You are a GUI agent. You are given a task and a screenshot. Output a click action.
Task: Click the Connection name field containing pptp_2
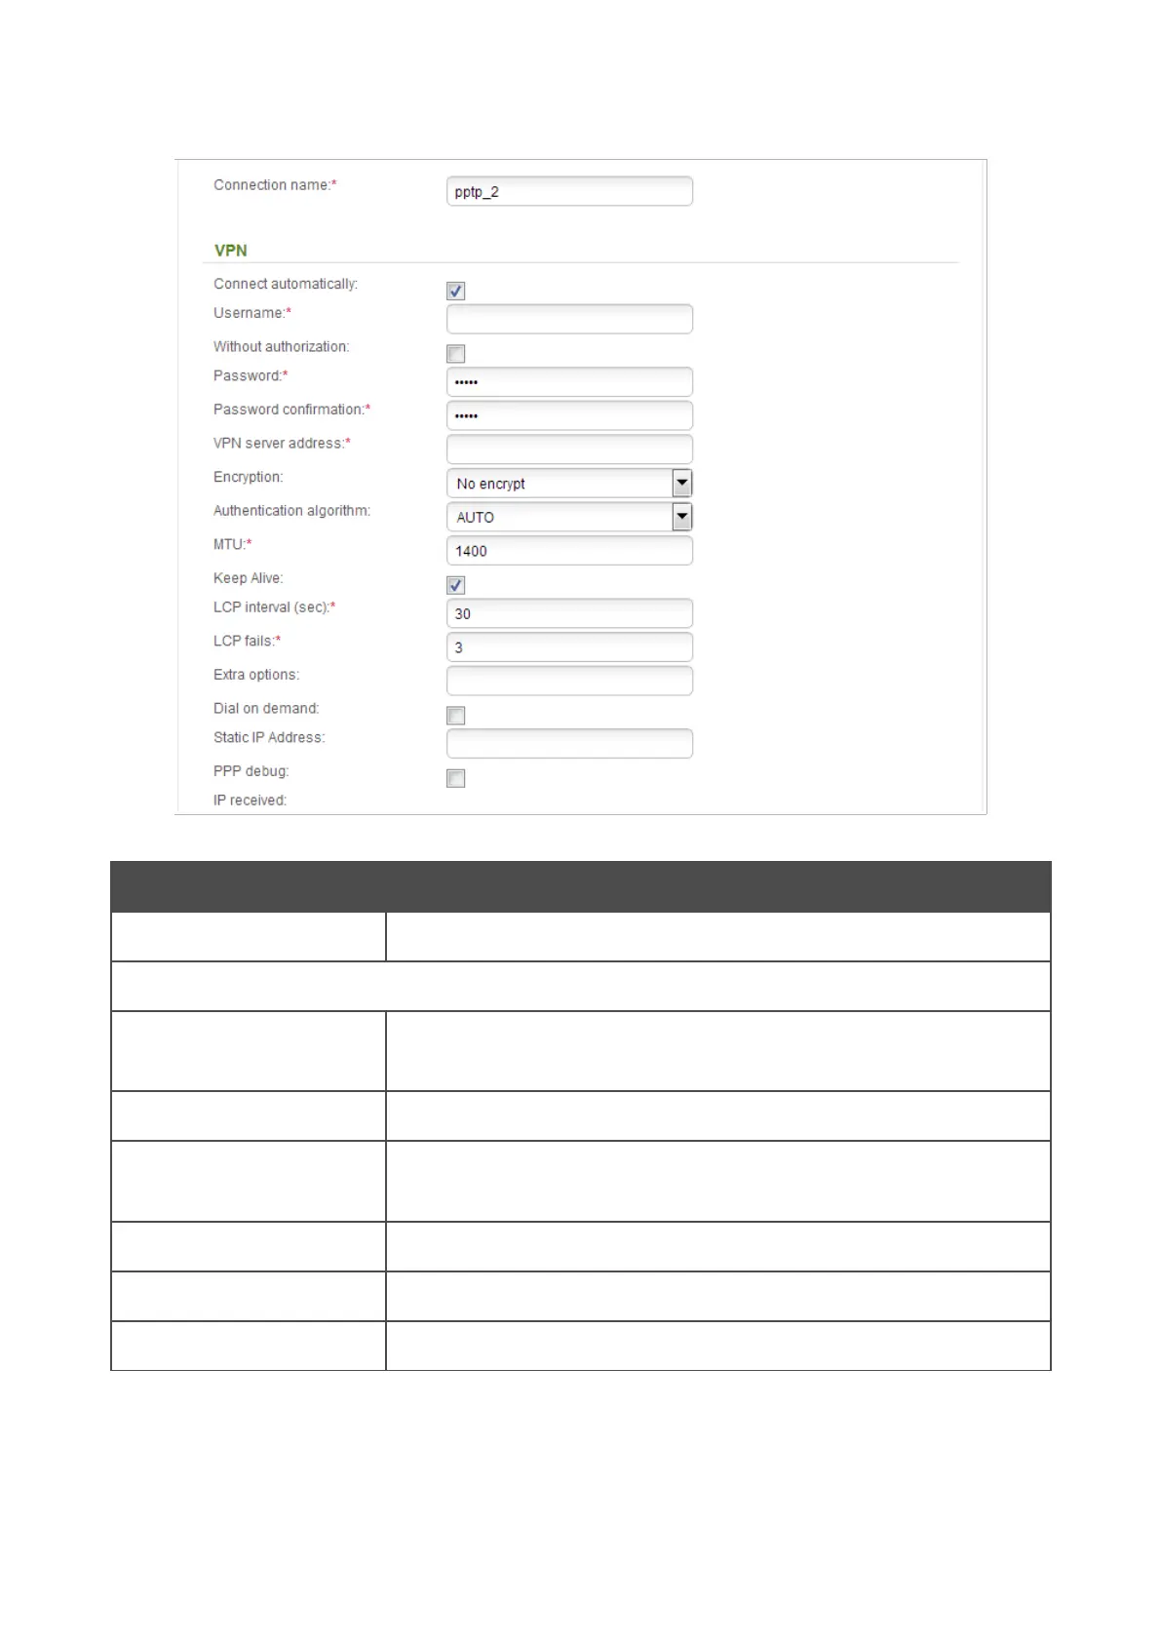[x=569, y=191]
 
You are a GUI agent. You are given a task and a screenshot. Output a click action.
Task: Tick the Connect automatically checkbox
[x=455, y=291]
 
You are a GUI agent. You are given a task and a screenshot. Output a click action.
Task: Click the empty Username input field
[x=569, y=319]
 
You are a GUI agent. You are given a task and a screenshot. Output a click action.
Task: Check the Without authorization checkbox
[x=455, y=354]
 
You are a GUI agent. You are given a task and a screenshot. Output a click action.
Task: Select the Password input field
[x=569, y=382]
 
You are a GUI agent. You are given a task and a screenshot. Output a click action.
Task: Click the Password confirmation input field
[x=569, y=415]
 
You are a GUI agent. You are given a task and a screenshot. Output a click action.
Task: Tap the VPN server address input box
[x=569, y=450]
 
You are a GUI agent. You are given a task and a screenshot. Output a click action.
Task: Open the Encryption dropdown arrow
[x=682, y=483]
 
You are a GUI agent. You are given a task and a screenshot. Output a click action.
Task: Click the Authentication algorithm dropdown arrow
[x=682, y=517]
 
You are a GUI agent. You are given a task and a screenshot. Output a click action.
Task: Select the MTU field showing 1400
[x=569, y=551]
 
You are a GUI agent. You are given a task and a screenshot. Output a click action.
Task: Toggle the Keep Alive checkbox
[x=455, y=585]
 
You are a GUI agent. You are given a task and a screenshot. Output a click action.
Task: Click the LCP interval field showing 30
[x=569, y=613]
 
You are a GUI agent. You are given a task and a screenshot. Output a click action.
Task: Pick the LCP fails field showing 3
[x=569, y=647]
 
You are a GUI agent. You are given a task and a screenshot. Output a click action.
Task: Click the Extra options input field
[x=569, y=681]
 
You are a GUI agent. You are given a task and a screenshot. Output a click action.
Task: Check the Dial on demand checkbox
[x=455, y=716]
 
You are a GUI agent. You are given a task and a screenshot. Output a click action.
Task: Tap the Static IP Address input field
[x=569, y=744]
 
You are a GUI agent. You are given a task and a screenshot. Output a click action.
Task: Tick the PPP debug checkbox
[x=455, y=778]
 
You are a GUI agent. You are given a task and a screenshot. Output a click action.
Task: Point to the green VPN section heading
[x=231, y=251]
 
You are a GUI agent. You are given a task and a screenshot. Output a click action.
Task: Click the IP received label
[x=250, y=801]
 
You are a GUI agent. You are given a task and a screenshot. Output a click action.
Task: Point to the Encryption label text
[x=248, y=477]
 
